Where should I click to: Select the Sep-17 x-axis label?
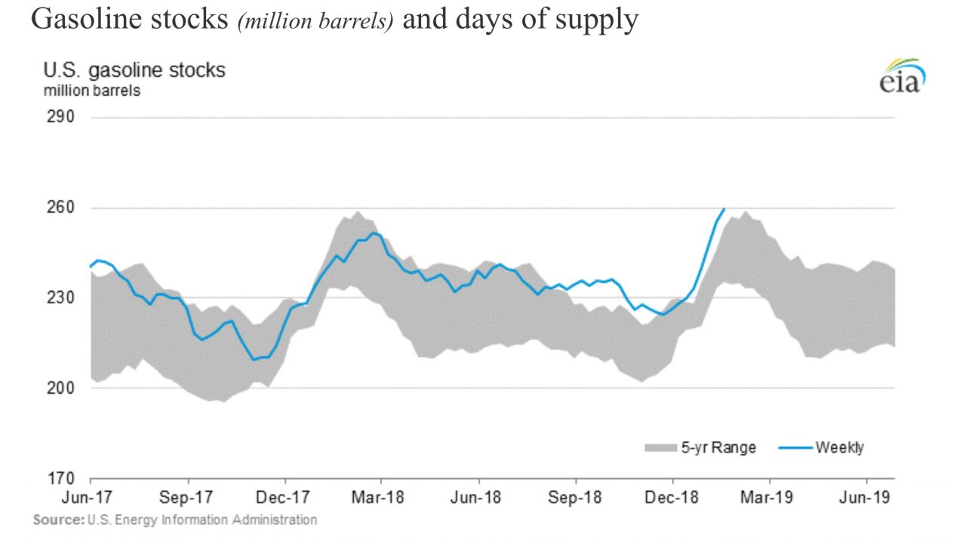pos(186,498)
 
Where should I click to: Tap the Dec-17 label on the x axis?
pos(285,498)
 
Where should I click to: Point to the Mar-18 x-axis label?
pos(380,498)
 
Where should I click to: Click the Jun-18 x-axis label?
pos(478,498)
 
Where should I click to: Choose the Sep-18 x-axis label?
pos(575,498)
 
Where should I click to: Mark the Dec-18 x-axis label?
pos(672,498)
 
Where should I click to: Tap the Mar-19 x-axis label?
pos(769,498)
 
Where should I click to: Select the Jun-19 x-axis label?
pos(866,498)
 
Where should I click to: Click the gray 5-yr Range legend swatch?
pos(661,448)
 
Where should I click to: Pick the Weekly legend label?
pos(839,448)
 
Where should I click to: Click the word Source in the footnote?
pos(58,520)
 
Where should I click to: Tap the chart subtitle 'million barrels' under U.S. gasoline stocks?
pos(91,91)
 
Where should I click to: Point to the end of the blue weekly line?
pos(724,209)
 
